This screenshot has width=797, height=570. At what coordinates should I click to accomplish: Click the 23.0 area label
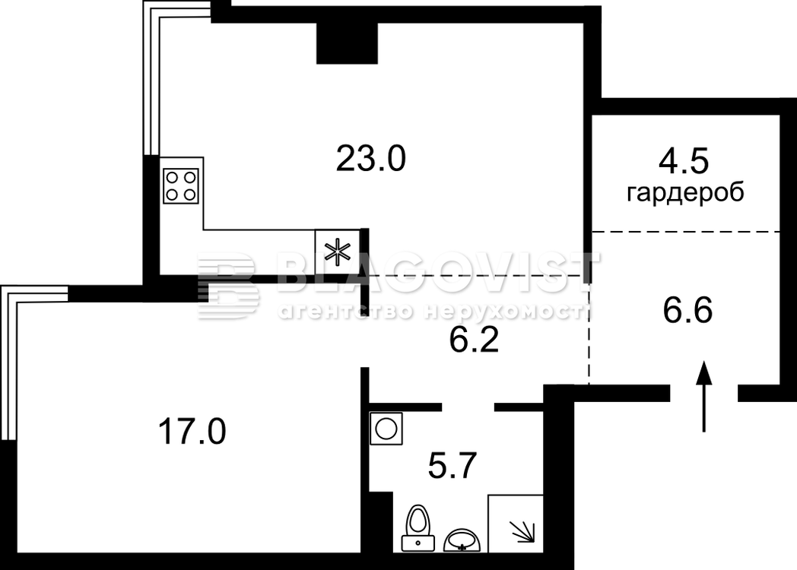tap(370, 159)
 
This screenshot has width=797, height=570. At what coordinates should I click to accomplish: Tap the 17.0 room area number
tap(192, 432)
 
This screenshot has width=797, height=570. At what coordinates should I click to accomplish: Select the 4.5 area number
tap(683, 162)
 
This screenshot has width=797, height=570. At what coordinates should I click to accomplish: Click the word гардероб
tap(686, 194)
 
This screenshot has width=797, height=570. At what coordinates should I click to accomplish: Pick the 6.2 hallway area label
tap(474, 340)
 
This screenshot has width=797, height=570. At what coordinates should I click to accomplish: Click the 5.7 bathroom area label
tap(452, 466)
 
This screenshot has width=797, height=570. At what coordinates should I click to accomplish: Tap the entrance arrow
tap(704, 396)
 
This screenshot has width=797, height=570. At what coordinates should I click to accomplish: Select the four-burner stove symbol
tap(181, 186)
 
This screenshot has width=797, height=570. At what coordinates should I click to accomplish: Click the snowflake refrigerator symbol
tap(338, 252)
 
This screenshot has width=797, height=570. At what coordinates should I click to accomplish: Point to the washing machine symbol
tap(386, 429)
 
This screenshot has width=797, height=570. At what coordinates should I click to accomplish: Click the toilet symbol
tap(418, 528)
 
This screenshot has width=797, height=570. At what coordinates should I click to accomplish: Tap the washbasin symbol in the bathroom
tap(462, 540)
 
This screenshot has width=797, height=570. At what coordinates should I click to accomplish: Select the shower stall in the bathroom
tap(516, 524)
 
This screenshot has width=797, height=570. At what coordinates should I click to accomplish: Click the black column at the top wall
tap(347, 43)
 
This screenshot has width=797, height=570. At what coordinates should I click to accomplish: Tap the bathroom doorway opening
tap(468, 407)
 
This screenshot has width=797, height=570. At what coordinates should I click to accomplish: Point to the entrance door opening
tap(704, 393)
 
